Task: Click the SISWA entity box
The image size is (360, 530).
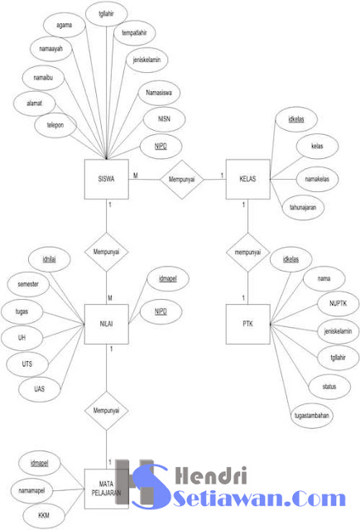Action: tap(107, 177)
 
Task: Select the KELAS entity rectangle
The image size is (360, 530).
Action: tap(247, 177)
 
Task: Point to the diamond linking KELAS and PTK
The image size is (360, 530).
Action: tap(247, 252)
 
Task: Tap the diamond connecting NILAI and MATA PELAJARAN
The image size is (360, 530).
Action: tap(107, 409)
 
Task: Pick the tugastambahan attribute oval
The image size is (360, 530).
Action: tap(313, 414)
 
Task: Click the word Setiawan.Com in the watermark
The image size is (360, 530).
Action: tap(261, 499)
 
